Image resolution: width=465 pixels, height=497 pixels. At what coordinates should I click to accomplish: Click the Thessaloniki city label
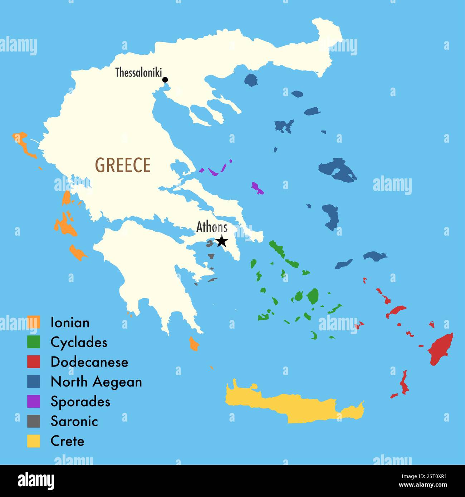click(138, 73)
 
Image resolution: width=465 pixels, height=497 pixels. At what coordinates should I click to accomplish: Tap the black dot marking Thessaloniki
click(165, 80)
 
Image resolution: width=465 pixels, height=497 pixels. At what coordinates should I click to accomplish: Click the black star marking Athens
click(222, 241)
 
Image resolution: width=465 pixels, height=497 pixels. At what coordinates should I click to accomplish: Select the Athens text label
click(212, 227)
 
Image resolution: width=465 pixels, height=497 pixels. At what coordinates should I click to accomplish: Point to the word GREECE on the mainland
click(123, 165)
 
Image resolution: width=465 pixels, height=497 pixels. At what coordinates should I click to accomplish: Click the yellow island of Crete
click(293, 406)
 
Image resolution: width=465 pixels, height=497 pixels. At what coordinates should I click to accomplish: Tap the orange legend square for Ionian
click(34, 322)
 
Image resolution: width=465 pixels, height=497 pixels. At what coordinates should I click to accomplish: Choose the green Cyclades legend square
click(34, 342)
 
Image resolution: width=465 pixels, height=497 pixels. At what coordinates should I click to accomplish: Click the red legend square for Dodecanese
click(34, 362)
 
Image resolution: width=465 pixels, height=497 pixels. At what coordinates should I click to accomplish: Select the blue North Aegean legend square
click(34, 382)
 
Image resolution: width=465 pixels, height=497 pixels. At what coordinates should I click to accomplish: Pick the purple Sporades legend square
click(34, 402)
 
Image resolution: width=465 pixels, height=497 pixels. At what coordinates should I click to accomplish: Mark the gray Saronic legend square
click(34, 421)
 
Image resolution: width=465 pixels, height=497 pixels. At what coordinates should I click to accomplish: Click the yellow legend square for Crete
click(34, 441)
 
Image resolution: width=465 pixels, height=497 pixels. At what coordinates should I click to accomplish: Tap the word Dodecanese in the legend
click(89, 362)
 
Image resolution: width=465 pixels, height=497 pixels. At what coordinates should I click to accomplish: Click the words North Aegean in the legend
click(96, 382)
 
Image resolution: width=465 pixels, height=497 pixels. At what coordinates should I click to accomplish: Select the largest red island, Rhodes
click(441, 349)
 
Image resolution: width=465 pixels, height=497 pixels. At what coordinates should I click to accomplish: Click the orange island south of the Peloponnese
click(194, 344)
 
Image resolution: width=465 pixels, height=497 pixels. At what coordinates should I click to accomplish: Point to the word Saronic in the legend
click(74, 421)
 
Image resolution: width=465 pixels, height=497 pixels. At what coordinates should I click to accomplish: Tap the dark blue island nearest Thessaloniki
click(251, 80)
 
